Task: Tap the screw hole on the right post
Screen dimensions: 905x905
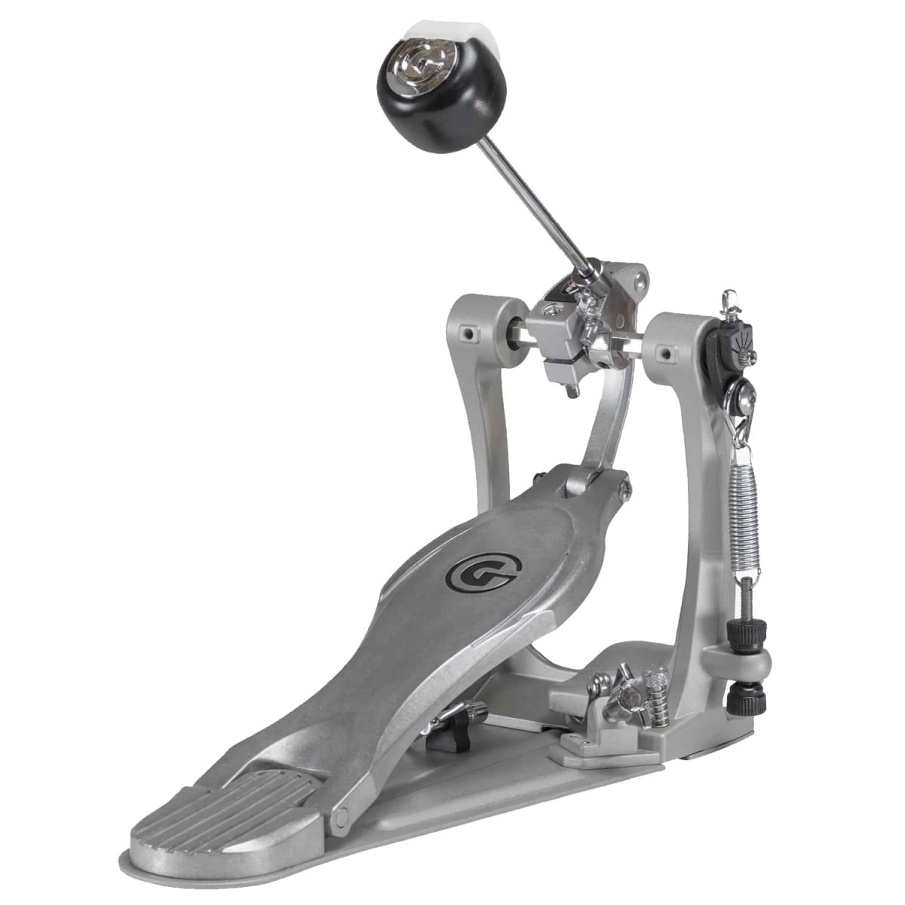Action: pos(667,350)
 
